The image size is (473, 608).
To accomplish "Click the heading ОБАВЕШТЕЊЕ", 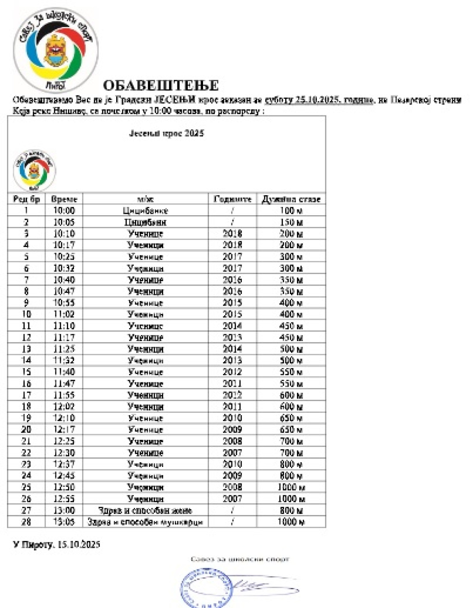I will pos(160,85).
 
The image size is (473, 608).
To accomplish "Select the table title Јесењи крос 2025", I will pos(167,133).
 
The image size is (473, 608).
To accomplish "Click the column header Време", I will pos(64,199).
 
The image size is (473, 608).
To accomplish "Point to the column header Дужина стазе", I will pos(291,199).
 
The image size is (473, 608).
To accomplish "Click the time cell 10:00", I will pos(64,210).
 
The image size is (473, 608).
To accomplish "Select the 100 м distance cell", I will pos(291,210).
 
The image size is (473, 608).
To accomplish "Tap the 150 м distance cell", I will pos(291,222).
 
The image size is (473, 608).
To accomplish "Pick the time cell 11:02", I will pos(64,314).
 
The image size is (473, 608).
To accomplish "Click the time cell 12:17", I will pos(64,430).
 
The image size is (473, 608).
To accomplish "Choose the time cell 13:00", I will pos(64,511).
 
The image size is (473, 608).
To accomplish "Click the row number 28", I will pos(27,522).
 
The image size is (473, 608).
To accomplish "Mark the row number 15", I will pos(27,372).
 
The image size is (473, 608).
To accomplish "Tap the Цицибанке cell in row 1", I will pos(145,210).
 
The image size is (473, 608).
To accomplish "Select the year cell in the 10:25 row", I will pos(232,257).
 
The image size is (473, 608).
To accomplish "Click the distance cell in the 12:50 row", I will pos(291,487).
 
